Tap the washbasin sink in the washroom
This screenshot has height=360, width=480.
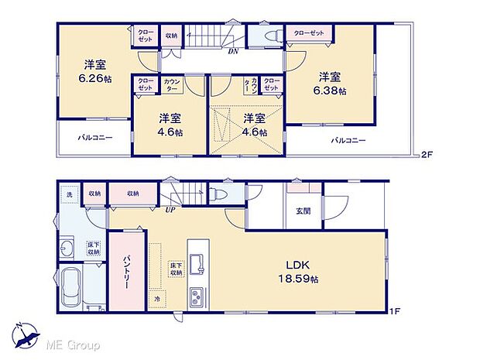click(x=67, y=249)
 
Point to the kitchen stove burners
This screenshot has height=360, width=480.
click(x=197, y=296)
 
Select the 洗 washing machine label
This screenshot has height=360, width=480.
click(x=68, y=194)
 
